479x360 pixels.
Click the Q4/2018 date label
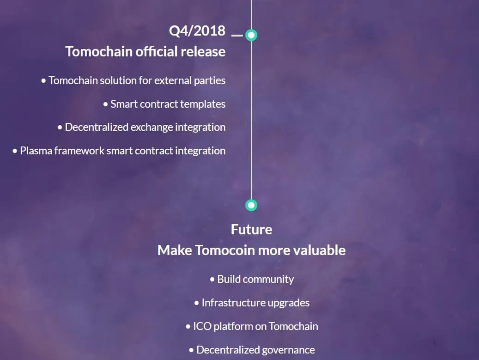tap(197, 31)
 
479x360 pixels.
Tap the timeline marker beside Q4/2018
tap(251, 35)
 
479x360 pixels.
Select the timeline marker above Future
tap(251, 205)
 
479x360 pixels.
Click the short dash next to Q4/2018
tap(237, 35)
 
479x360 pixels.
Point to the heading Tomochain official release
tap(146, 51)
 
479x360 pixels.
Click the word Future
tap(251, 229)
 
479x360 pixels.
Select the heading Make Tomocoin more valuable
tap(251, 250)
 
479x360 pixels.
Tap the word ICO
tap(201, 326)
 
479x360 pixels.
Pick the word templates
tap(203, 104)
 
